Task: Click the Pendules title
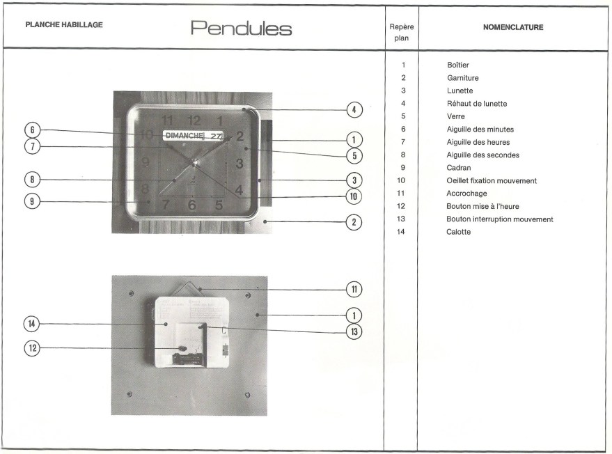pyautogui.click(x=241, y=29)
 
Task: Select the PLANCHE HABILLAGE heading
pyautogui.click(x=64, y=25)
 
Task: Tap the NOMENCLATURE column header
pyautogui.click(x=512, y=27)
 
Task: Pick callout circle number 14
pyautogui.click(x=32, y=324)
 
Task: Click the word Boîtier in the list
pyautogui.click(x=458, y=65)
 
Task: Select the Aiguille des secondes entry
pyautogui.click(x=482, y=155)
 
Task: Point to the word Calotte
pyautogui.click(x=458, y=232)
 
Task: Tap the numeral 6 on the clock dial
pyautogui.click(x=191, y=205)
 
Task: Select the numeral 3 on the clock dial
pyautogui.click(x=239, y=164)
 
